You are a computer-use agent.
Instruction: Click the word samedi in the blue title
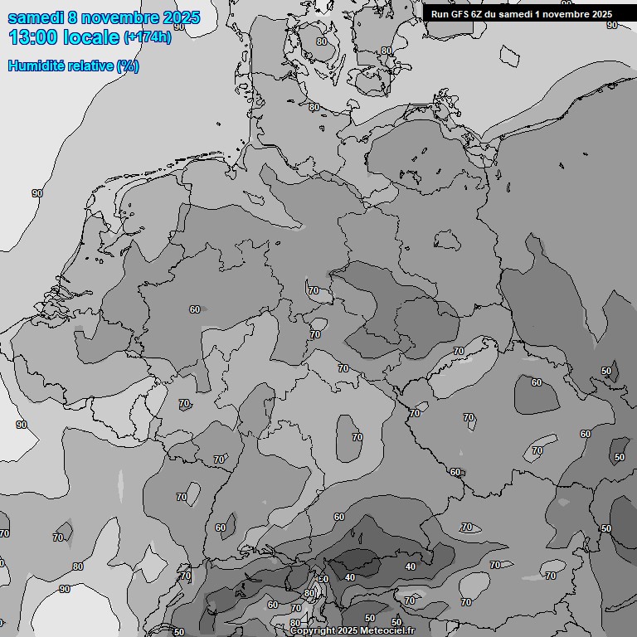(x=35, y=17)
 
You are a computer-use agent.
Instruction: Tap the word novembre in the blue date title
(x=122, y=17)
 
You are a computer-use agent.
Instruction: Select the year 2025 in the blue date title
(x=181, y=17)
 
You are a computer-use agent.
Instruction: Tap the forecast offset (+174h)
(x=148, y=37)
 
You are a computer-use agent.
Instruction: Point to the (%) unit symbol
(x=128, y=66)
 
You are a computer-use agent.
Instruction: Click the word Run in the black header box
(x=440, y=14)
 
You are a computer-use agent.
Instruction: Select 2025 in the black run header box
(x=601, y=14)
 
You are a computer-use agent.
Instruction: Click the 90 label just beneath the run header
(x=612, y=26)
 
